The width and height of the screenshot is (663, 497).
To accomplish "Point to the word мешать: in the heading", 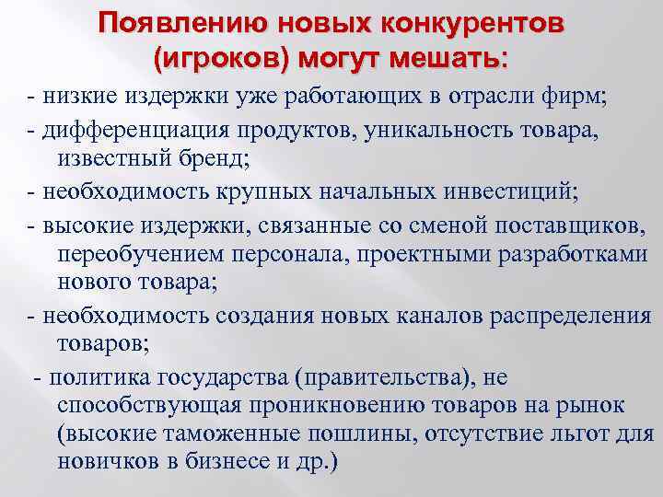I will pos(448,60).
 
